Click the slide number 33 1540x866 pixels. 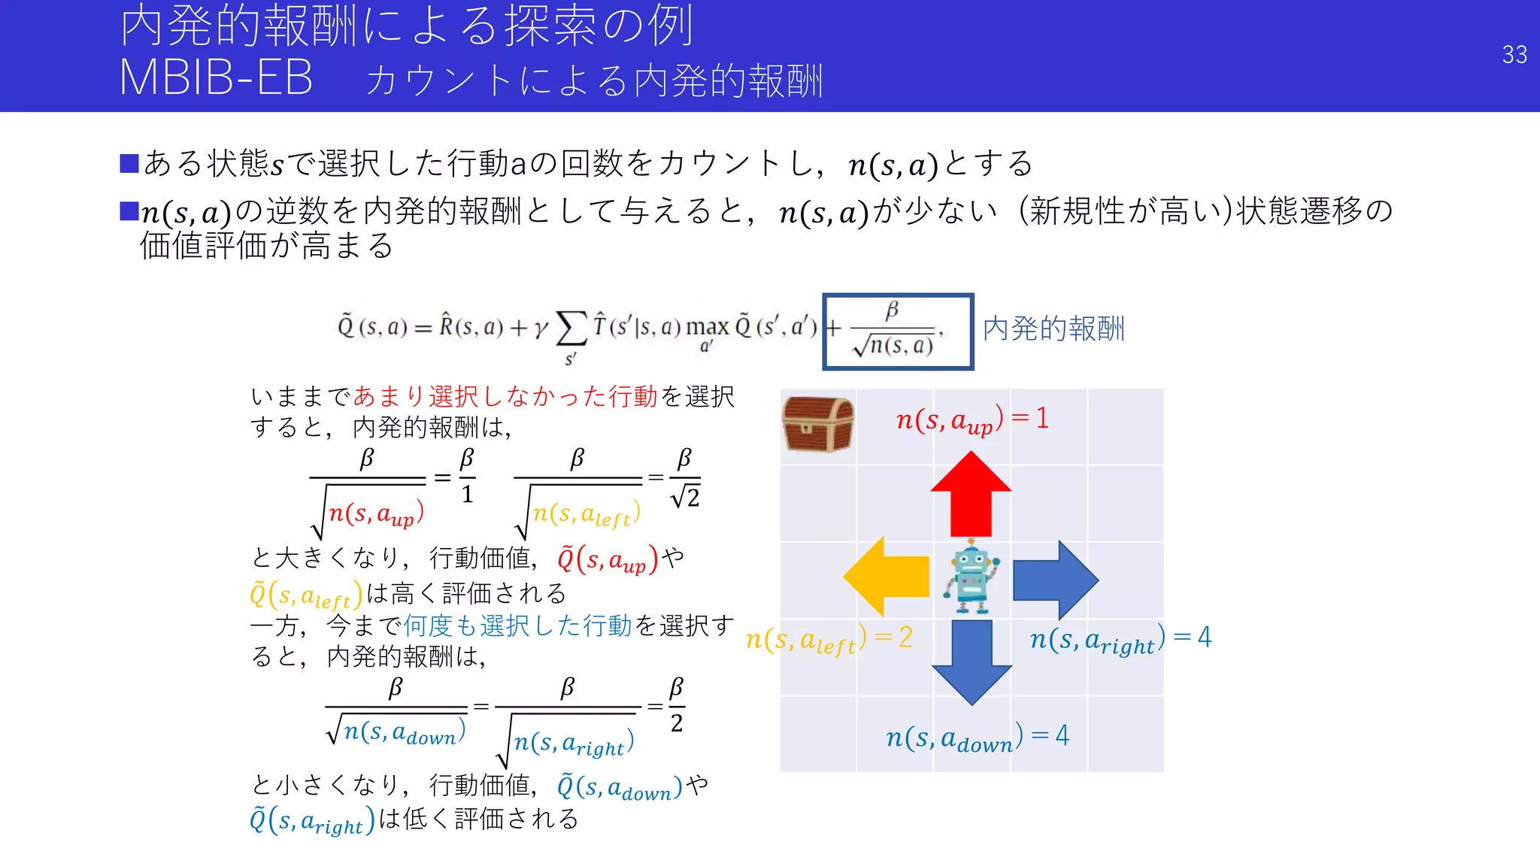(1514, 55)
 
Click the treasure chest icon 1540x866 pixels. (817, 424)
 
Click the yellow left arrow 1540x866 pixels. (887, 577)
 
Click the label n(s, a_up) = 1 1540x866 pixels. (972, 419)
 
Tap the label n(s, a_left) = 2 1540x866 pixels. (828, 640)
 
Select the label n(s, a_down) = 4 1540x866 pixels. (977, 737)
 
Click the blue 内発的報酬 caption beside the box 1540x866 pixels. (1053, 329)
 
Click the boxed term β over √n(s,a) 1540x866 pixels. (897, 332)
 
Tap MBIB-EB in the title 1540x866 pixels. (216, 77)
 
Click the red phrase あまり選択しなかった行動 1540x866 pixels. (505, 396)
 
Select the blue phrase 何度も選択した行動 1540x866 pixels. (517, 625)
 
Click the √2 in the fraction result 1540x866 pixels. (685, 498)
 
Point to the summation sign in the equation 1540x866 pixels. (571, 329)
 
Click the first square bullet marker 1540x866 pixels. (129, 163)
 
